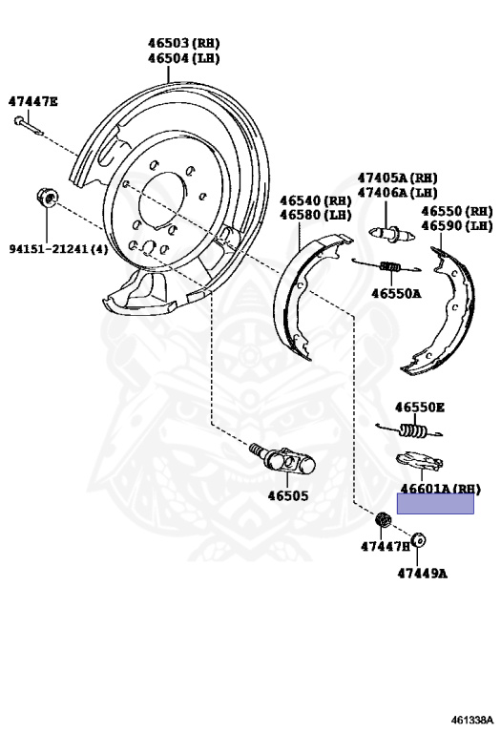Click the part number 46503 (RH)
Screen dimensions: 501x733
pyautogui.click(x=183, y=44)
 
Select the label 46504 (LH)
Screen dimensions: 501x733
pyautogui.click(x=183, y=58)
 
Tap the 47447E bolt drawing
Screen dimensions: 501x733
pyautogui.click(x=28, y=126)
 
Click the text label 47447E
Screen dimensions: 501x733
pyautogui.click(x=33, y=101)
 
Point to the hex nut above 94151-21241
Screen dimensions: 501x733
pyautogui.click(x=47, y=198)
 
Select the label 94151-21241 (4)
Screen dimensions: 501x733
pyautogui.click(x=58, y=249)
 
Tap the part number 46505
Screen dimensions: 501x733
pyautogui.click(x=288, y=495)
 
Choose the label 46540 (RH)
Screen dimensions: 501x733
pyautogui.click(x=316, y=201)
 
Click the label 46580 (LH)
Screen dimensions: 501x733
pyautogui.click(x=316, y=215)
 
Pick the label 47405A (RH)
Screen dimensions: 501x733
pyautogui.click(x=398, y=178)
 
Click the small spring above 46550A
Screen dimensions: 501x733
pyautogui.click(x=387, y=266)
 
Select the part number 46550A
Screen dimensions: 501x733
pyautogui.click(x=396, y=294)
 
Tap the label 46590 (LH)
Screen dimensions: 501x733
pyautogui.click(x=456, y=226)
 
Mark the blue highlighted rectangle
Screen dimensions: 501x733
pyautogui.click(x=435, y=504)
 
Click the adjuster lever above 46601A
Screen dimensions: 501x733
pyautogui.click(x=419, y=460)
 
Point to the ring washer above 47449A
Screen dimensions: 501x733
pyautogui.click(x=419, y=540)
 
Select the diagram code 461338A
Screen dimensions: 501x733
pyautogui.click(x=472, y=719)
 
